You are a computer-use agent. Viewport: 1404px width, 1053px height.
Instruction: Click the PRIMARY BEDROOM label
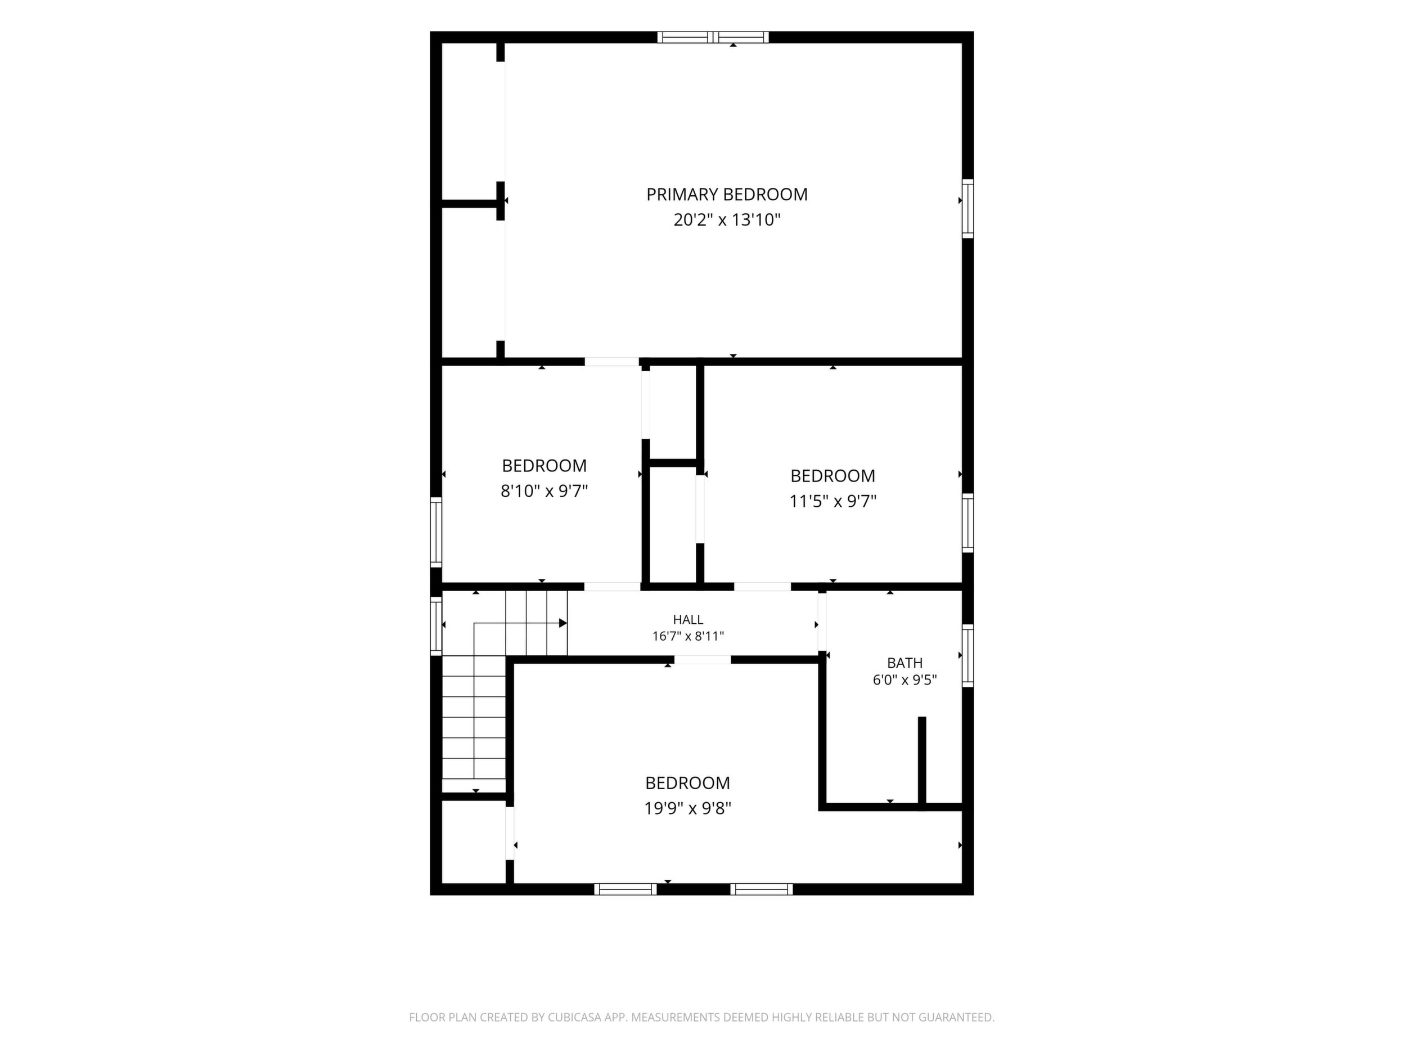click(x=727, y=194)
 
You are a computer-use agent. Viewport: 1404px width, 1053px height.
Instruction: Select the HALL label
click(x=688, y=619)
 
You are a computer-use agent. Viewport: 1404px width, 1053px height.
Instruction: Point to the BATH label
click(x=904, y=663)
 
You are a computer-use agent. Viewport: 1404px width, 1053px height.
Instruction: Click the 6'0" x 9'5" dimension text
click(x=904, y=681)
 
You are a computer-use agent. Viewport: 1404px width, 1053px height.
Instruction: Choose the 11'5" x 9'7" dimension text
click(x=832, y=501)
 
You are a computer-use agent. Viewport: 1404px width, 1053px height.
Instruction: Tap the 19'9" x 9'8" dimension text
click(x=688, y=809)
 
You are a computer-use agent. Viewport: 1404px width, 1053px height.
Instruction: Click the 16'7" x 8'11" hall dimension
click(x=688, y=636)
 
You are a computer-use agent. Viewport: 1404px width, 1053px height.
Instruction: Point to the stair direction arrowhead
click(x=563, y=623)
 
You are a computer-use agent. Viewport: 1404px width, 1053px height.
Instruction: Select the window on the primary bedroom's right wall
click(x=967, y=209)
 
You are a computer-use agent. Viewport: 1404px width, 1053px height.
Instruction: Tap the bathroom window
click(x=967, y=656)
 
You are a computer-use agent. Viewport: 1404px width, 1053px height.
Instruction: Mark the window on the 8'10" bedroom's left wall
click(x=436, y=532)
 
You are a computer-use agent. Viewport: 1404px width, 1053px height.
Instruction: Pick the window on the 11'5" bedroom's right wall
click(x=967, y=523)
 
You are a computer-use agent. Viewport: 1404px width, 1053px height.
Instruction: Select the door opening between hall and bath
click(x=822, y=622)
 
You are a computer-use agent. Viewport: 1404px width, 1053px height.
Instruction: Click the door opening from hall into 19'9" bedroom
click(x=703, y=659)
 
